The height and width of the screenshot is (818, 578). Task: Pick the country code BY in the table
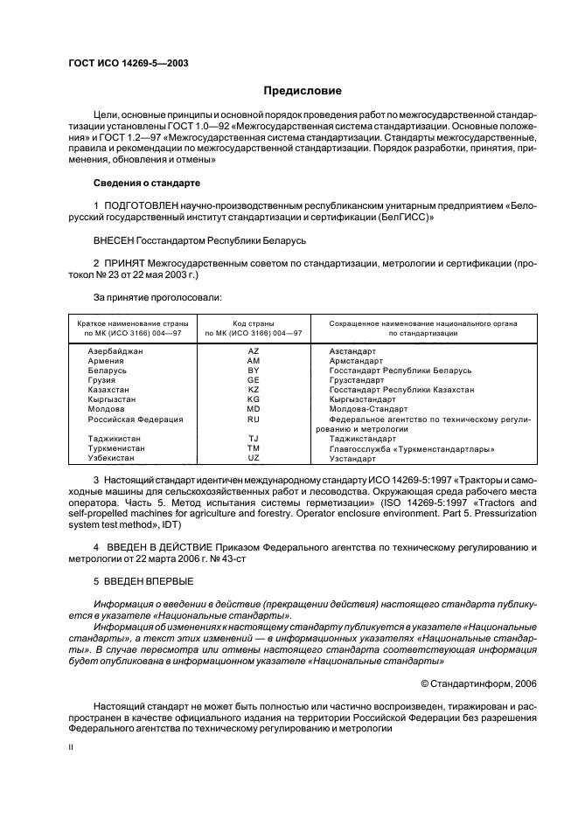tap(254, 370)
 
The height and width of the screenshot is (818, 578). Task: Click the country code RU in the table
tap(254, 419)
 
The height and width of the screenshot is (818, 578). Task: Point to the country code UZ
tap(254, 458)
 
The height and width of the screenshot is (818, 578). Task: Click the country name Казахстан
tap(109, 390)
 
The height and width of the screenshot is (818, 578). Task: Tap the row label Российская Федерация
tap(136, 419)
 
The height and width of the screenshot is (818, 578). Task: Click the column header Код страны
tap(254, 322)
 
